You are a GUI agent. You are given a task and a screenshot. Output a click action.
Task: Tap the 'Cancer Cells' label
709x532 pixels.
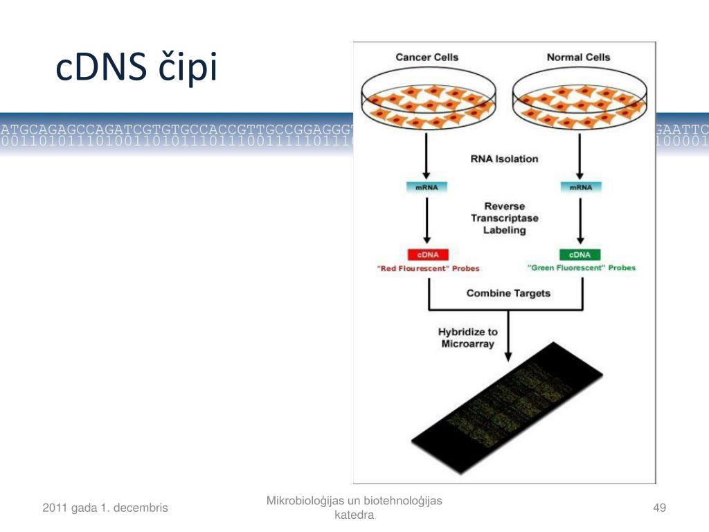[427, 57]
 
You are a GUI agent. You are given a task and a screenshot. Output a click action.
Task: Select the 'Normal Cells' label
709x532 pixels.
[579, 57]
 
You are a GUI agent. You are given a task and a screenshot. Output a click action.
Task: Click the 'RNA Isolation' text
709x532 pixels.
[504, 159]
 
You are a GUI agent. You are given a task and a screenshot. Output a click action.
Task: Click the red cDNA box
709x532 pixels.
[427, 254]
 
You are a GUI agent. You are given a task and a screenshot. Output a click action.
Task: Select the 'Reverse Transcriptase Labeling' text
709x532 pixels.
[504, 218]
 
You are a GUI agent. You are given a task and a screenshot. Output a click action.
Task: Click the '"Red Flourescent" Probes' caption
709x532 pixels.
[429, 268]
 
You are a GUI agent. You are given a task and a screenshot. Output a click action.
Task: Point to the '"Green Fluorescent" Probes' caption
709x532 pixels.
[582, 267]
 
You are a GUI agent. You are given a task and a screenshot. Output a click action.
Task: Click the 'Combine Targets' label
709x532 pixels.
[508, 293]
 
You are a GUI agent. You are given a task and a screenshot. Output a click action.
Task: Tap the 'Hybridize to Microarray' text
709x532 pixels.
[468, 338]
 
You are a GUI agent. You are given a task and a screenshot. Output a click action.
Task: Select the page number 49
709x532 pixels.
[659, 508]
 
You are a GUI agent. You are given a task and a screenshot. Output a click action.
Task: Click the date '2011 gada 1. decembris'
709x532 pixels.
[105, 508]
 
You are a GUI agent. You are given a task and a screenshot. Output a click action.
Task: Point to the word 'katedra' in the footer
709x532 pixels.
[354, 515]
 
